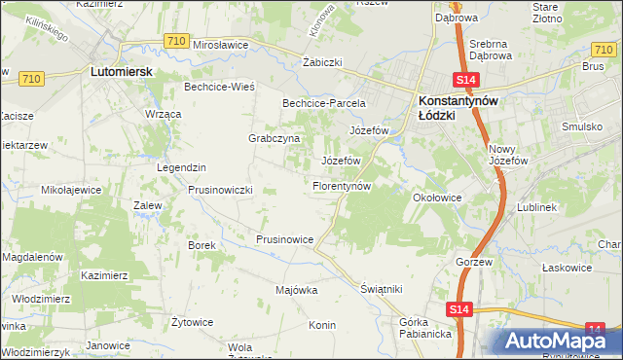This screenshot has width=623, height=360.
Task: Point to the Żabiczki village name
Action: click(x=322, y=61)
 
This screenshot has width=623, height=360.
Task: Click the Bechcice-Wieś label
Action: click(x=219, y=87)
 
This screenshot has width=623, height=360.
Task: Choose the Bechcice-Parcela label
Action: click(x=323, y=102)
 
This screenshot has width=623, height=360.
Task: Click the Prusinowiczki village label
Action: click(x=221, y=190)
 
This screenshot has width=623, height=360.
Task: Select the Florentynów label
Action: click(x=342, y=185)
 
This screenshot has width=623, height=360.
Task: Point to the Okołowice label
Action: click(x=436, y=197)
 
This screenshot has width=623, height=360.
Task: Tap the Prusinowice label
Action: click(x=284, y=239)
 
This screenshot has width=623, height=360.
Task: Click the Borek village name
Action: click(x=201, y=245)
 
